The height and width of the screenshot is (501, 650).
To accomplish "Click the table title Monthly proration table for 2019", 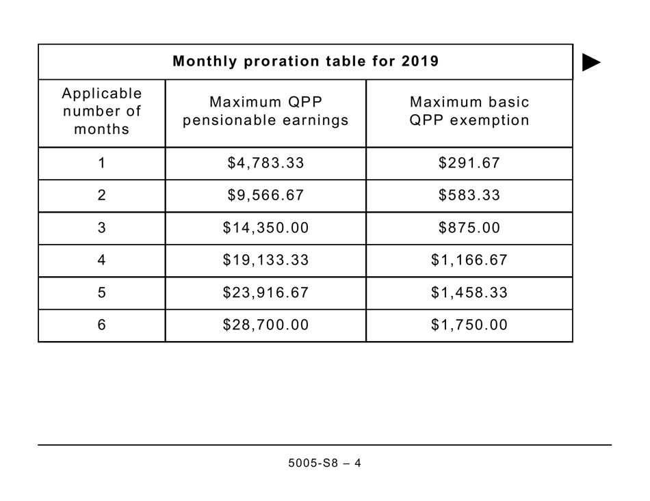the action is coord(305,62).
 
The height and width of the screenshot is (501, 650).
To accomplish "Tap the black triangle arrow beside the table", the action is coord(590,62).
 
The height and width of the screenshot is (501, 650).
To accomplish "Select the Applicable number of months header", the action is coord(102,111).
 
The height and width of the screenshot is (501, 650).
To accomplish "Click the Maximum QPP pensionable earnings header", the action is coord(265,111).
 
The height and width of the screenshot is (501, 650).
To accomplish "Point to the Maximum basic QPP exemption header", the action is coord(469,111).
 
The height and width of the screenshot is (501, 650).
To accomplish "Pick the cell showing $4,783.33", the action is coord(265,163).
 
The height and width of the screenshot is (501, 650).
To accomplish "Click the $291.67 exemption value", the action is coord(469,163).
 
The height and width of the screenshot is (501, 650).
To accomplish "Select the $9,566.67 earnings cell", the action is coord(265,195).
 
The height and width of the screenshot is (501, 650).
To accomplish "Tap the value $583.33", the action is coord(469,195).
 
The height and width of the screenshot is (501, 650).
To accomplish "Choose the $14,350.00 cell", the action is coord(265,228).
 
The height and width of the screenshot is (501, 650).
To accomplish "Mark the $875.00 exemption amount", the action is coord(469,228).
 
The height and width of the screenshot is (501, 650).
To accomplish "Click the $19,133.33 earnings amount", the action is coord(265,260).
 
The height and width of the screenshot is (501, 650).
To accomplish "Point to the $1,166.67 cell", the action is coord(469,260).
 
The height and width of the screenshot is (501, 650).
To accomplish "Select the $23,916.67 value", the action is coord(265,293).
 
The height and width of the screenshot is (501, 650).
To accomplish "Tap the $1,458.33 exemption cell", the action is coord(469,293).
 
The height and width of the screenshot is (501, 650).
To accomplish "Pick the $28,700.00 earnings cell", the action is coord(265,325).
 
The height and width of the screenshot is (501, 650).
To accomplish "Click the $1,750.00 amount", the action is coord(469,325).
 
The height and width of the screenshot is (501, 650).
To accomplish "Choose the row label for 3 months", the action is coord(102,228).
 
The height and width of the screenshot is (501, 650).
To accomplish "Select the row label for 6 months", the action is coord(102,325).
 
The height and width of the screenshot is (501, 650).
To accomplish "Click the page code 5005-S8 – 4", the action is coord(324,463).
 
